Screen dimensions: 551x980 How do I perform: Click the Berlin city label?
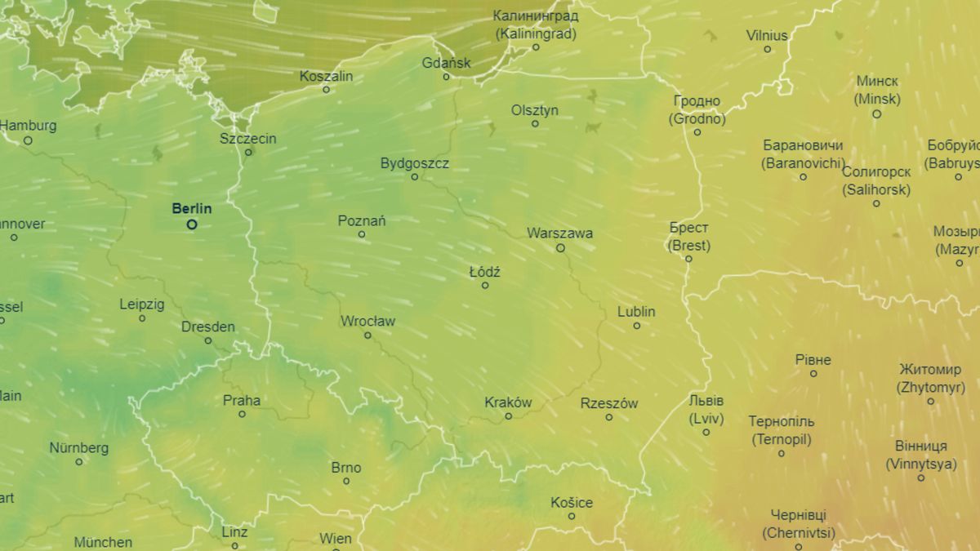(x=191, y=208)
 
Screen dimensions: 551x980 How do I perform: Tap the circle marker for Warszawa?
(x=560, y=248)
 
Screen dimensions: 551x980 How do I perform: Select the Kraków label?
(x=508, y=402)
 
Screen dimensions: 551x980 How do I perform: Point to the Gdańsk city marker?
(x=446, y=77)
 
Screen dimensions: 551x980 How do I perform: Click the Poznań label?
(x=362, y=220)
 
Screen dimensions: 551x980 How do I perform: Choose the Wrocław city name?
(x=367, y=321)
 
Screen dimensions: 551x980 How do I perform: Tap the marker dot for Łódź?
(x=485, y=286)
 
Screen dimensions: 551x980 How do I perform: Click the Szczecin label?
(x=248, y=138)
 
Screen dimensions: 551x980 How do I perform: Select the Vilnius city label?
(x=767, y=35)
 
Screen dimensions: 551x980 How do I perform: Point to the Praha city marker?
(x=242, y=414)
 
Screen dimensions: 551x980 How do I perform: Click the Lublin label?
(x=636, y=312)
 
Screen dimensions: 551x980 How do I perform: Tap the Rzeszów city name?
(x=609, y=403)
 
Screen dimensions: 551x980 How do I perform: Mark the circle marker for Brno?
(x=346, y=482)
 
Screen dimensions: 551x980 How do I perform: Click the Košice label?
(x=572, y=502)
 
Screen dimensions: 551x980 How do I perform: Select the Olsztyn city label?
(x=535, y=109)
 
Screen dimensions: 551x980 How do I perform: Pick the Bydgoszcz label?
(x=415, y=163)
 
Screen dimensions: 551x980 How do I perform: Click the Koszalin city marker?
(x=326, y=90)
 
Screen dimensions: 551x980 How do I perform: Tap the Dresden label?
(x=208, y=327)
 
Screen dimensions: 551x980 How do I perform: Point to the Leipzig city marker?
(x=142, y=318)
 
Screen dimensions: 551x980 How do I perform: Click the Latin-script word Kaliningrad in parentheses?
(x=536, y=34)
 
